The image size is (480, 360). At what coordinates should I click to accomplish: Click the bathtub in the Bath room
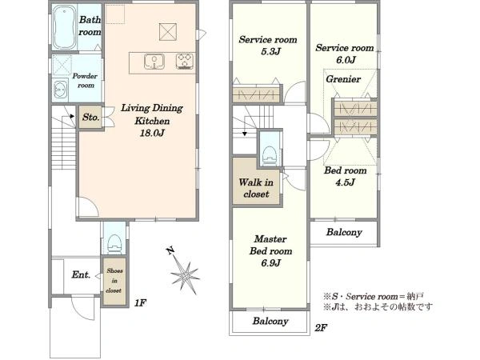[x=64, y=27]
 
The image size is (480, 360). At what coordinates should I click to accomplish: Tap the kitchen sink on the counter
[x=154, y=62]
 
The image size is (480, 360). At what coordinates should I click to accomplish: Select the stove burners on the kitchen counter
[x=185, y=61]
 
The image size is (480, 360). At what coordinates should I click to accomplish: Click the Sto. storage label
[x=91, y=117]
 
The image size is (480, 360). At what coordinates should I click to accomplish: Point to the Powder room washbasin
[x=60, y=90]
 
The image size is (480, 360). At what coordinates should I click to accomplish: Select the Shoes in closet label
[x=114, y=281]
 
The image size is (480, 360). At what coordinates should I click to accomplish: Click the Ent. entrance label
[x=81, y=274]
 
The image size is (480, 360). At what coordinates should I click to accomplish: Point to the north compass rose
[x=184, y=272]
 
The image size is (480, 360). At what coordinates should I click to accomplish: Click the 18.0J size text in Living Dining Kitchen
[x=152, y=133]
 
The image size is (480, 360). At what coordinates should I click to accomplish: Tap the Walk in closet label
[x=256, y=188]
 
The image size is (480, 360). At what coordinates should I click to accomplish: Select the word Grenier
[x=343, y=79]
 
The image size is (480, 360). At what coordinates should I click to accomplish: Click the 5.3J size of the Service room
[x=270, y=51]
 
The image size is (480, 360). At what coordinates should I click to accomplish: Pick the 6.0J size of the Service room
[x=346, y=60]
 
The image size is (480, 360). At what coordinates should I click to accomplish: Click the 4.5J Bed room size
[x=345, y=182]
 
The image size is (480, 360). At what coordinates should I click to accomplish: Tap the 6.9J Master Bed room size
[x=271, y=262]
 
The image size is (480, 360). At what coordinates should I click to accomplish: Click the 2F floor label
[x=321, y=328]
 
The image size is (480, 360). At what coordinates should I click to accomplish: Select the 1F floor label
[x=140, y=302]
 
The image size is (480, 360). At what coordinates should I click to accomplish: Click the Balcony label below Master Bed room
[x=270, y=321]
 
